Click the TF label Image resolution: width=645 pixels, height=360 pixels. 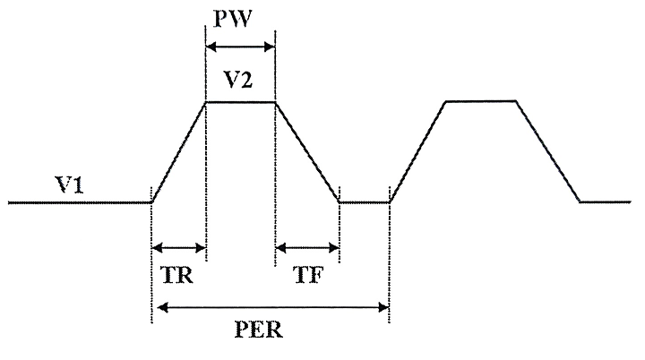point(308,275)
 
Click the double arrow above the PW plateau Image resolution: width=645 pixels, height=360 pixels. point(240,47)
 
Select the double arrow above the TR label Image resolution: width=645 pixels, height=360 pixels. point(179,246)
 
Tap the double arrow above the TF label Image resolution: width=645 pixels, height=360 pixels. point(307,246)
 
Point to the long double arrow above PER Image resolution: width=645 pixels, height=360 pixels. point(271,309)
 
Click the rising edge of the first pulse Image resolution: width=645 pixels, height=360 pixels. point(179,152)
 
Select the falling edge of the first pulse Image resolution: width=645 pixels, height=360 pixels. point(307,152)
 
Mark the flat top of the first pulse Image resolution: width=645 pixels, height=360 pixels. point(240,102)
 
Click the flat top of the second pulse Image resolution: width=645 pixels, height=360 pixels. point(481,101)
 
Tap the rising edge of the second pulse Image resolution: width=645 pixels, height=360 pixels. point(418,152)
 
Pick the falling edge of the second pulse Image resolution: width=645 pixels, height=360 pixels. point(548,152)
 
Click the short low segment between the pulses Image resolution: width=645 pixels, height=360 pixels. point(365,202)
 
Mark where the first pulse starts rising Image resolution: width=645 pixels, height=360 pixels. point(151,202)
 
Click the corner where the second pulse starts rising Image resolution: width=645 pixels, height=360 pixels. point(390,202)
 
